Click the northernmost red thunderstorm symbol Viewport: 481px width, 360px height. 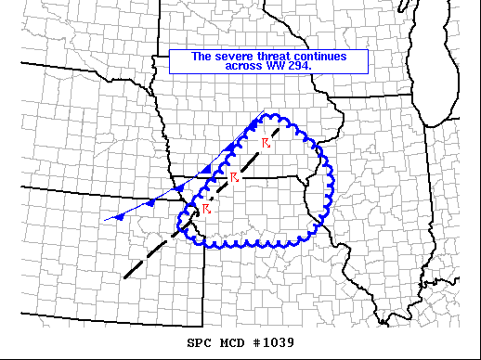266,142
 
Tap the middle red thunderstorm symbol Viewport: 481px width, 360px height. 234,176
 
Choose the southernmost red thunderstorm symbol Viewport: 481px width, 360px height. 205,209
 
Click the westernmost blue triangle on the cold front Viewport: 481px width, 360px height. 120,217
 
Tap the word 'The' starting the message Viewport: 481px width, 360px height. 201,57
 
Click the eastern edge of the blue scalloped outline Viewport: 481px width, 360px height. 331,181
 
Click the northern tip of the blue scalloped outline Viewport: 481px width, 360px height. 272,115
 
